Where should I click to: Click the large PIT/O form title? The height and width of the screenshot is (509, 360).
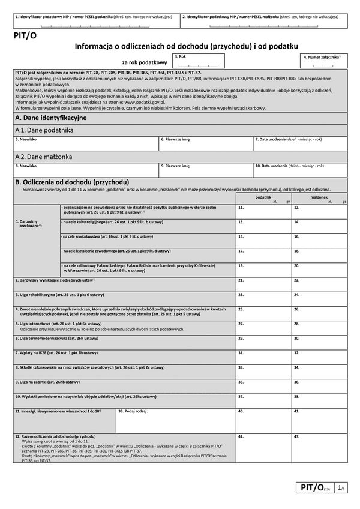coord(24,36)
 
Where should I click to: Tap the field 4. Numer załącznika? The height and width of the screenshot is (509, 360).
coord(323,62)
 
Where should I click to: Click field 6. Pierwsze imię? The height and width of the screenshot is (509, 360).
coord(205,143)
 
